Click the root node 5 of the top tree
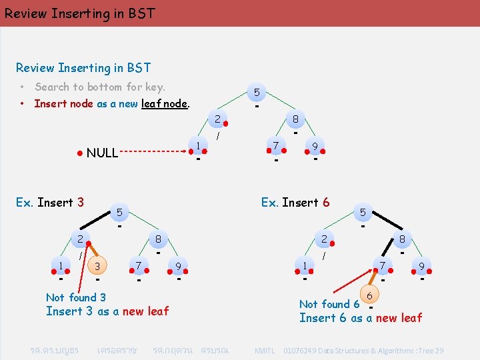coord(257,92)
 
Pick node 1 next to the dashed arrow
coord(198,146)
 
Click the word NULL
coord(102,153)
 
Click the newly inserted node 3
coord(97,267)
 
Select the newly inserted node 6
coord(370,294)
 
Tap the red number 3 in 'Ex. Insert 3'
coord(80,203)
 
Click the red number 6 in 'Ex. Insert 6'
coord(325,203)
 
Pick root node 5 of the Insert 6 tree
coord(363,213)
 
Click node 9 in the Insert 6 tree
coord(421,267)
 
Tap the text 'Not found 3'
coord(75,297)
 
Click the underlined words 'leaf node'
coord(165,103)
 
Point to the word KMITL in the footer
coord(265,351)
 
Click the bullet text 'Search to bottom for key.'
coord(100,87)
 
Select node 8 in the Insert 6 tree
coord(402,239)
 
